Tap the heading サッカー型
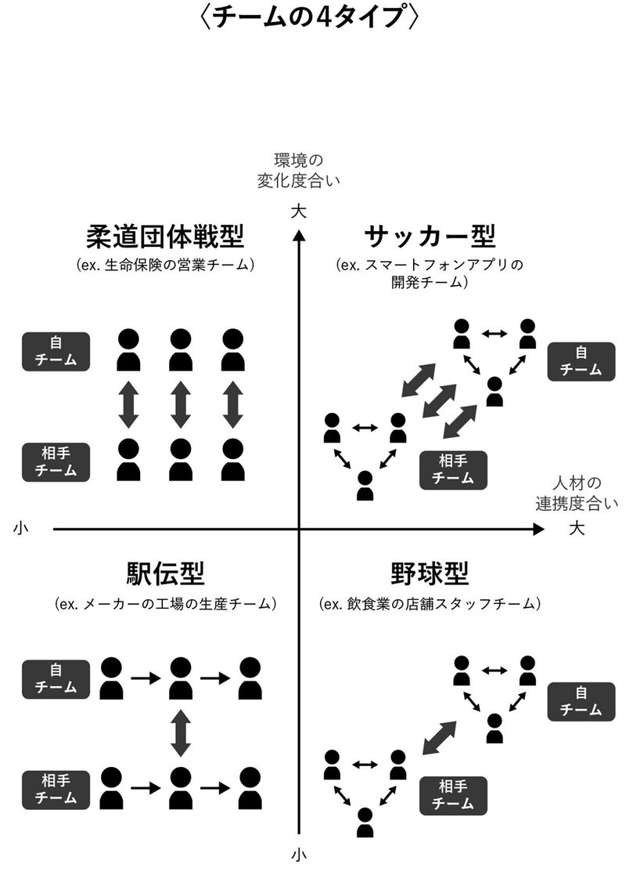430,236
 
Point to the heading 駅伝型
165,575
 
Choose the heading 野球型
430,575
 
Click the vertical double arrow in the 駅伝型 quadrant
181,732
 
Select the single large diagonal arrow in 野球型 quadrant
441,738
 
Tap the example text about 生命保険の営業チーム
167,265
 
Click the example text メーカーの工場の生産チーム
167,604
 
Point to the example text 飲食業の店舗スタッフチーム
430,604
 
